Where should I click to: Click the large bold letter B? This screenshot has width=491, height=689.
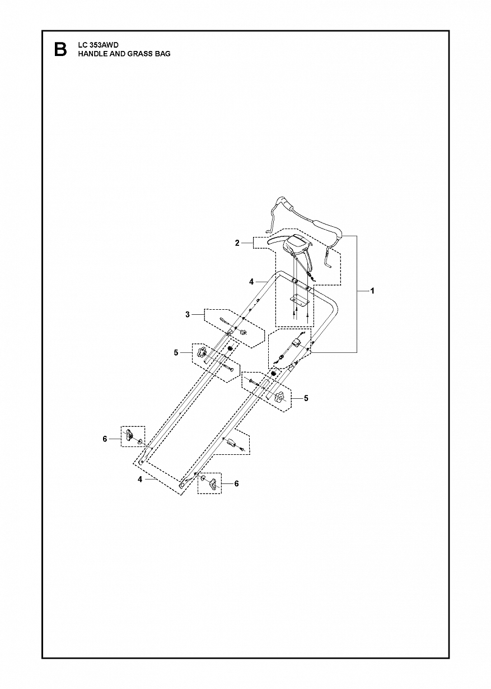pos(60,49)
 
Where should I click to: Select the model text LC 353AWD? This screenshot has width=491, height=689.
pos(96,45)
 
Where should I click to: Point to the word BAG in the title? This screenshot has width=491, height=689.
pos(163,54)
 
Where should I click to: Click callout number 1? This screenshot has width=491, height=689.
pos(372,291)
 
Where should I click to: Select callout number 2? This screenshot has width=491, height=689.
pos(237,243)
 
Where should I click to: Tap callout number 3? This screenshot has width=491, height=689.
pos(188,314)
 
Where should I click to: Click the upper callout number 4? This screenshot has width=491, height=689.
pos(251,281)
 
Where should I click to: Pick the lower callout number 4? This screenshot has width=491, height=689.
pos(140,488)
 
